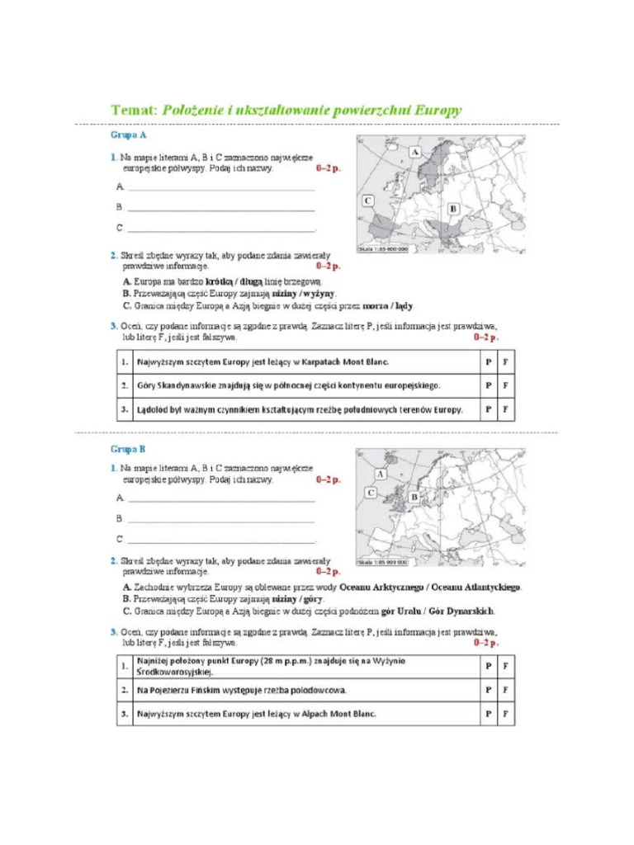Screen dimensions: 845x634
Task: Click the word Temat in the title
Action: click(133, 109)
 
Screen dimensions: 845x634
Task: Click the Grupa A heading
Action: click(129, 134)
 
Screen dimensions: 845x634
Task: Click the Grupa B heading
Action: click(128, 450)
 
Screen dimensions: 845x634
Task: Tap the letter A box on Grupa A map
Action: click(414, 153)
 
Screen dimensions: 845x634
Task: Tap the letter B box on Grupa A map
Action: click(453, 210)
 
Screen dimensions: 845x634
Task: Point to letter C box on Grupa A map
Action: click(367, 201)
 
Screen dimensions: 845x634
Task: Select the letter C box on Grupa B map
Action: click(371, 493)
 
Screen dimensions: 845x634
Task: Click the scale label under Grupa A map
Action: click(383, 248)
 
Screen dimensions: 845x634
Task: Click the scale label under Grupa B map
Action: click(383, 562)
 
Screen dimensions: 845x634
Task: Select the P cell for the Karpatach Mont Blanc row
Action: click(488, 361)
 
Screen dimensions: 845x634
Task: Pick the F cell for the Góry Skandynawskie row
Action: click(505, 385)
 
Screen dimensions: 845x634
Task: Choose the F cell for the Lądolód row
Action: click(505, 408)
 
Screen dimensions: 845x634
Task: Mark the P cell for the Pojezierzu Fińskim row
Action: click(488, 690)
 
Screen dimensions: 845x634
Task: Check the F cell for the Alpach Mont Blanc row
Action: click(505, 714)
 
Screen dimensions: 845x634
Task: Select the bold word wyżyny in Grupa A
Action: click(319, 293)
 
